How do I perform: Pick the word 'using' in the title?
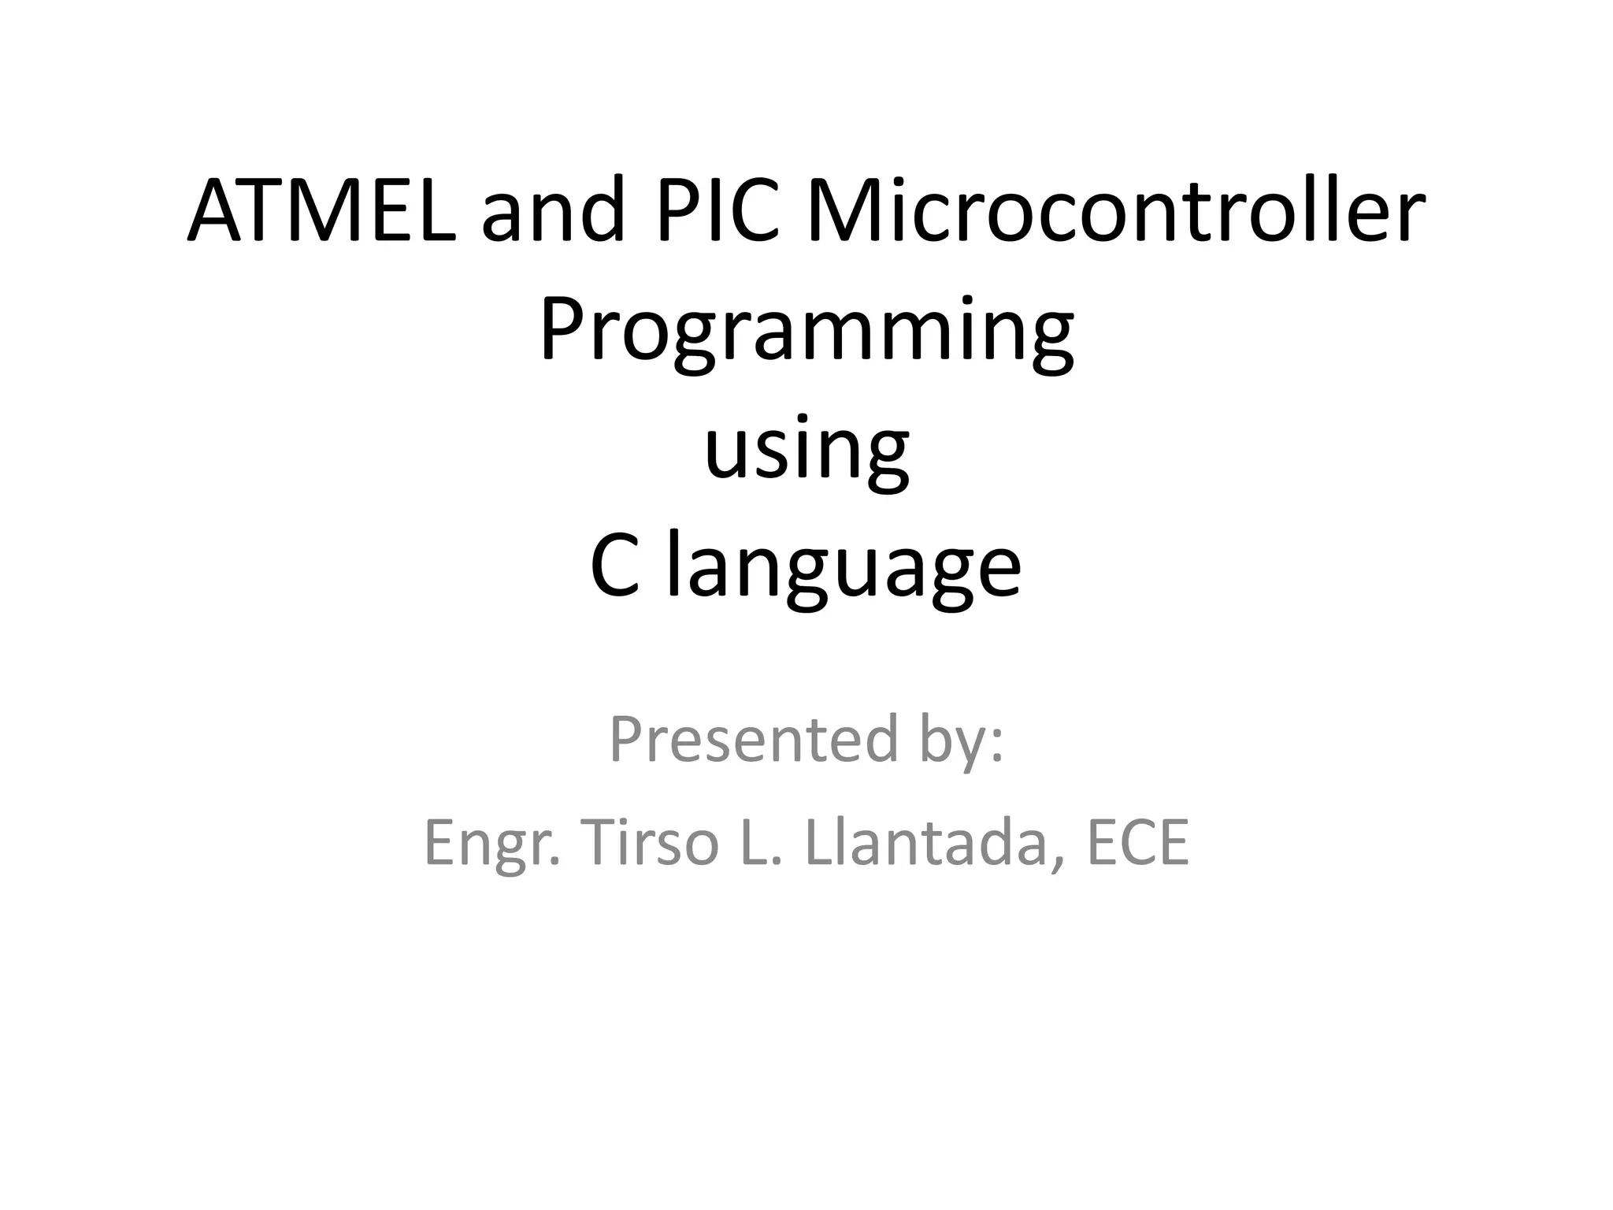click(x=806, y=449)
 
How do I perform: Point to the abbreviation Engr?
click(x=491, y=844)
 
